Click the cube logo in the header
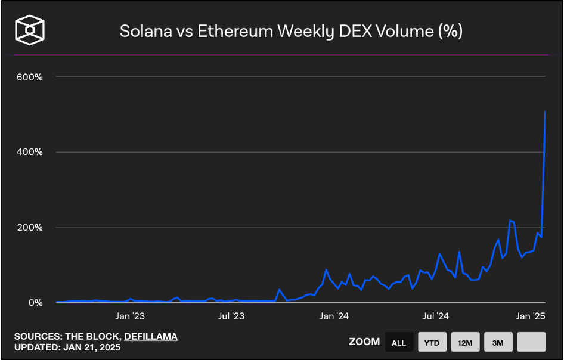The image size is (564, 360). [30, 30]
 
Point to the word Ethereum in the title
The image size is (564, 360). [235, 31]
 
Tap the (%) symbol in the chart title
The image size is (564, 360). [450, 31]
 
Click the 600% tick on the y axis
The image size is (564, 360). [30, 77]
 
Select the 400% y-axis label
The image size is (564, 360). [30, 152]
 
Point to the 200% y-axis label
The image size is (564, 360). [30, 228]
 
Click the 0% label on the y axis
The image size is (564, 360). [36, 303]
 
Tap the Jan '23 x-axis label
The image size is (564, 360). [130, 316]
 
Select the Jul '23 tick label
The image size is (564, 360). [231, 316]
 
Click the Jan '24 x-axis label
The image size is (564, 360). [334, 316]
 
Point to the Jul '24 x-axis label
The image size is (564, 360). [436, 316]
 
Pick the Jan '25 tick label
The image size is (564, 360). [530, 316]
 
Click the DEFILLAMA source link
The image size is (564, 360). [151, 337]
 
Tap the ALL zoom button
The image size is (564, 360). [399, 342]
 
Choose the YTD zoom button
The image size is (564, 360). [432, 342]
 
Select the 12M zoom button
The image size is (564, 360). [465, 342]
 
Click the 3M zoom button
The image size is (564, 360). [498, 342]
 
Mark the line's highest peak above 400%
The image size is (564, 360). [545, 111]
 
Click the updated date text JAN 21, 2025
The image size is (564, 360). [92, 347]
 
